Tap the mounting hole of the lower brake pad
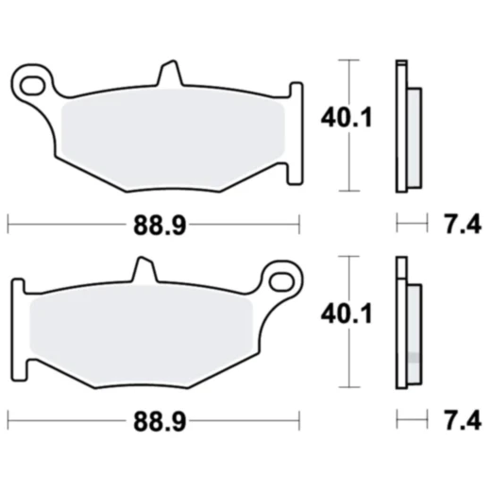coord(279,280)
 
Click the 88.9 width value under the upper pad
coord(151,225)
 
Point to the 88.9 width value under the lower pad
coord(151,418)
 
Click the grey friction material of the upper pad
coord(170,137)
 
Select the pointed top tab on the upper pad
coord(167,74)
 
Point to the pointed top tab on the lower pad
coord(143,270)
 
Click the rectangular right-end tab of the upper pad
coord(296,127)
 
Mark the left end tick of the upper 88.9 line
coord(8,224)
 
